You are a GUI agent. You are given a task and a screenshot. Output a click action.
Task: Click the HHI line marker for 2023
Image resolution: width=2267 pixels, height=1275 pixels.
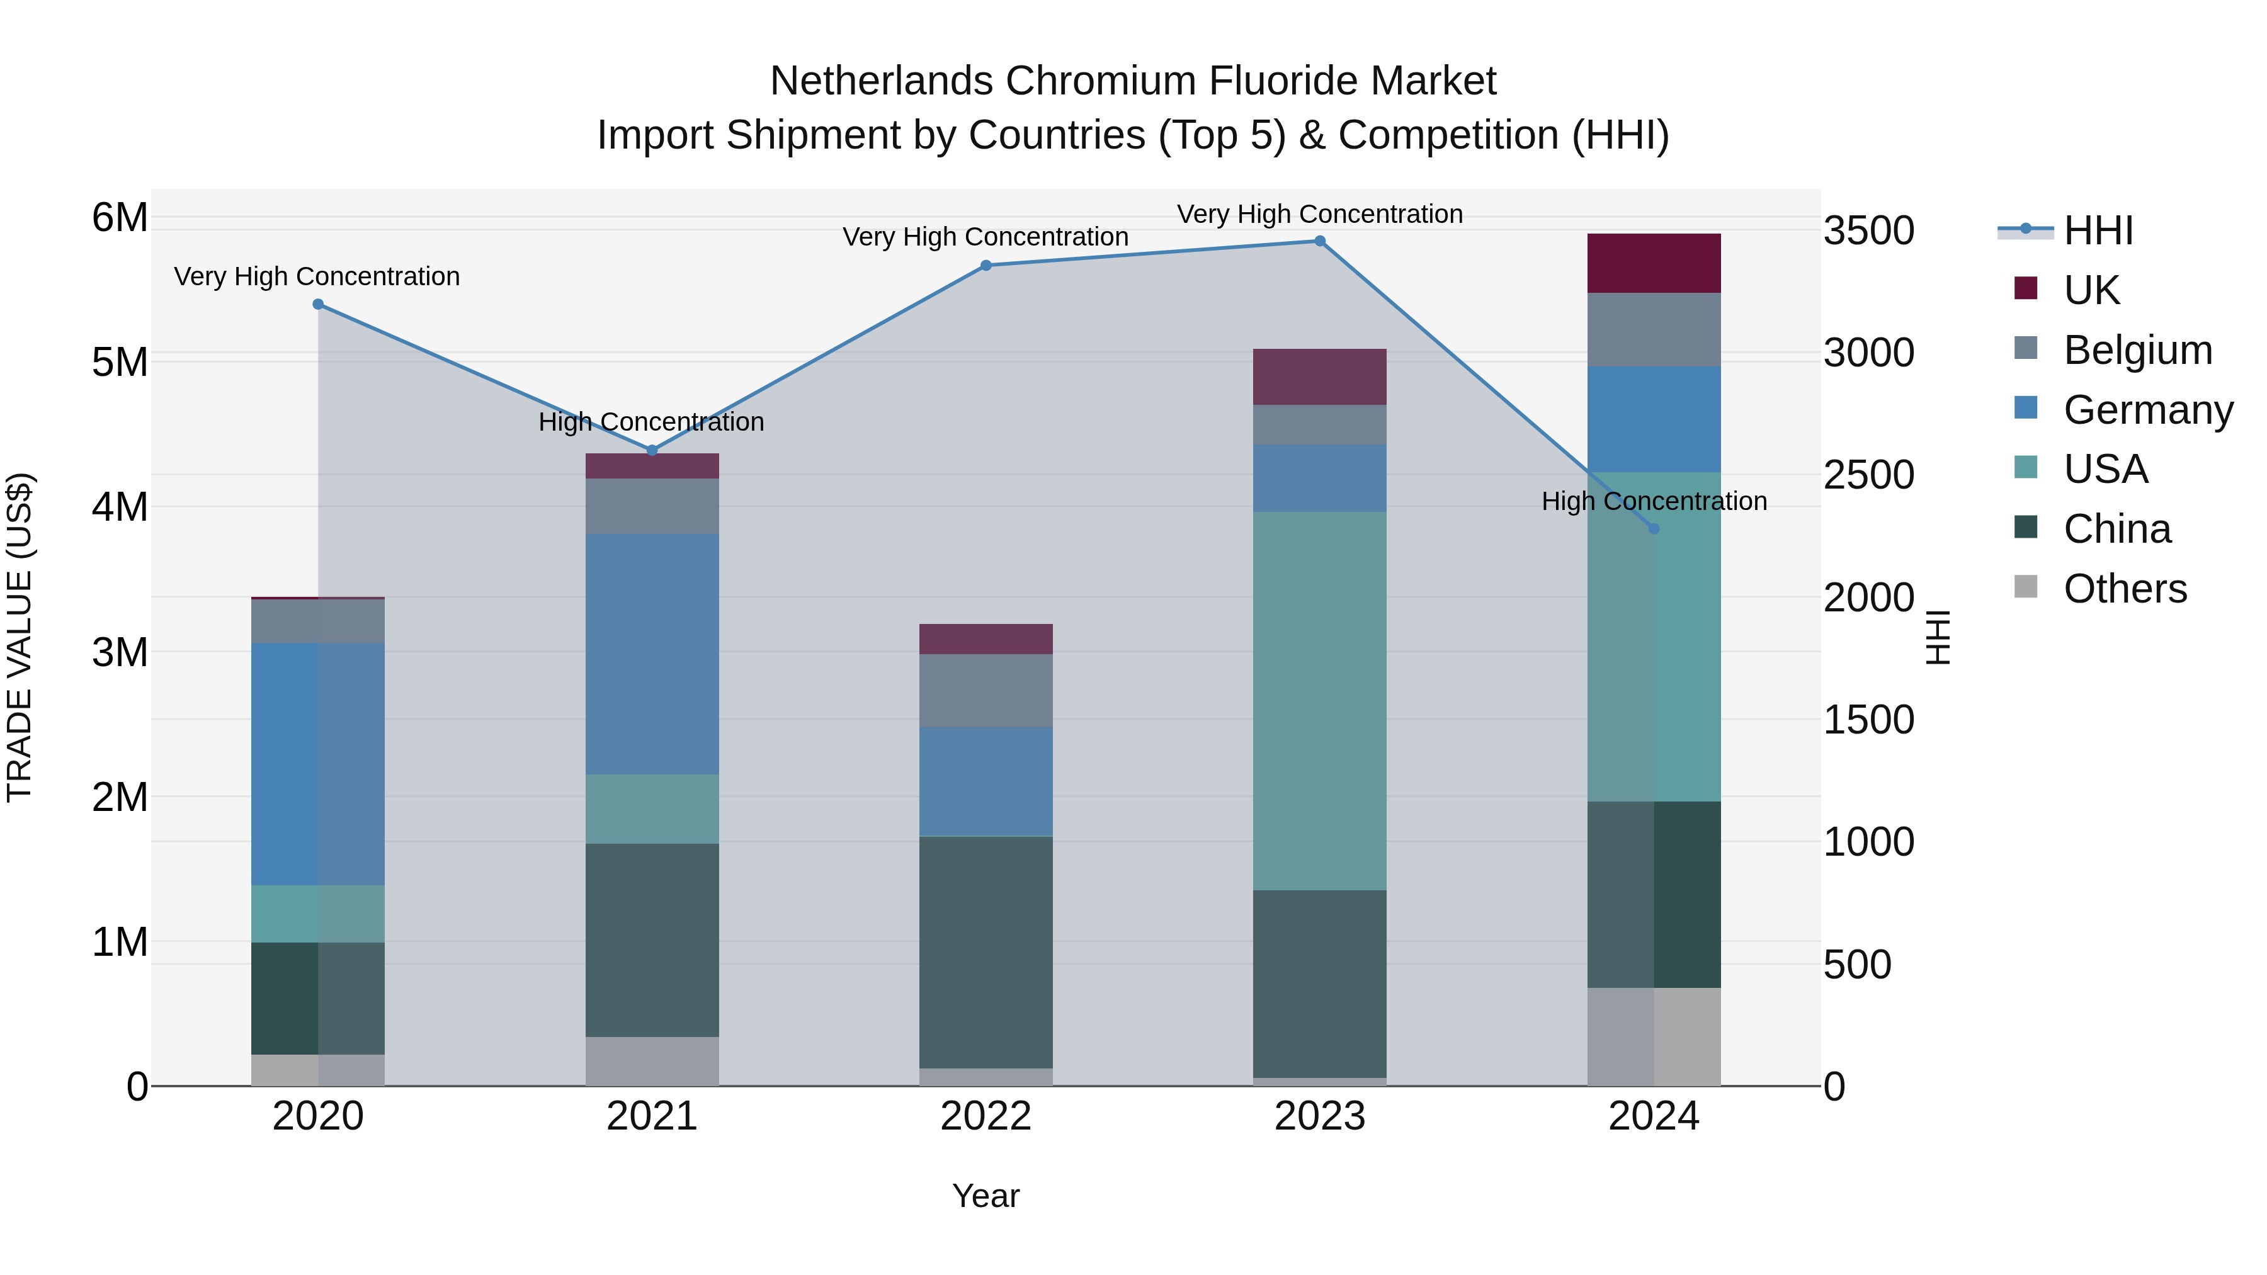(x=1319, y=241)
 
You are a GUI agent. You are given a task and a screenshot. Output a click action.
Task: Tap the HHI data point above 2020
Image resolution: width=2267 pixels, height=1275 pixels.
(x=318, y=305)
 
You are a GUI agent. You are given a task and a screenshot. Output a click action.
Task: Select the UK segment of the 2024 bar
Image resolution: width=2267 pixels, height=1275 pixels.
(x=1654, y=263)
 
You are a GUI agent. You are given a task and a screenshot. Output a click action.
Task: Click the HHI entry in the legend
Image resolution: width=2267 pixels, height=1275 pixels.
(x=2098, y=230)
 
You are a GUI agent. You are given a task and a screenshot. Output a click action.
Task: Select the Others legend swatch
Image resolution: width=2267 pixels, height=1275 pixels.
(x=2026, y=587)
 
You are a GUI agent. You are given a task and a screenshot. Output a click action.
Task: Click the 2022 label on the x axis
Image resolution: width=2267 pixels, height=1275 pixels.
(x=986, y=1116)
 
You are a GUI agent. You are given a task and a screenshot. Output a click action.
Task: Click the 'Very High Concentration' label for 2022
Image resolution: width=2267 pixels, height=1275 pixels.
(x=986, y=237)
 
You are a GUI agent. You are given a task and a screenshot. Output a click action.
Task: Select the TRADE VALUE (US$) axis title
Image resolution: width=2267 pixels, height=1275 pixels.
(x=20, y=637)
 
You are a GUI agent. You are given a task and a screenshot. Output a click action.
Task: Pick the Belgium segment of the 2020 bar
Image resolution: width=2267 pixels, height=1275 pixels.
(x=318, y=621)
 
